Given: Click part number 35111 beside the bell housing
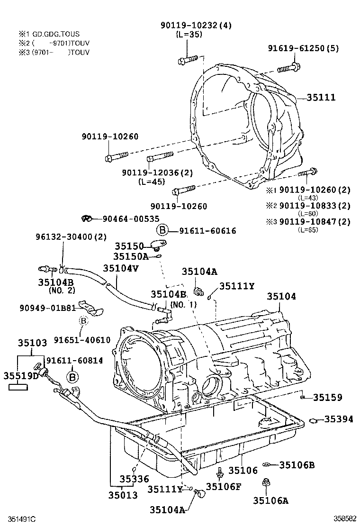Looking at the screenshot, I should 321,98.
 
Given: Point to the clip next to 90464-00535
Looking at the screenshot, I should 86,218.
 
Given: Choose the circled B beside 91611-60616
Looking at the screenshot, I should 162,230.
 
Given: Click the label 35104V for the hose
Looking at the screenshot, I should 121,268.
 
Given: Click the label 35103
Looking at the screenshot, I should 32,342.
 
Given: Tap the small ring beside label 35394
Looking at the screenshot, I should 313,420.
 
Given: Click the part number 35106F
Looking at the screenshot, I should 224,487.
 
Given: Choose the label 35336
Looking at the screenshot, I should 134,479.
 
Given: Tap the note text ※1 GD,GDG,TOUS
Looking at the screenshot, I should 49,34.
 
